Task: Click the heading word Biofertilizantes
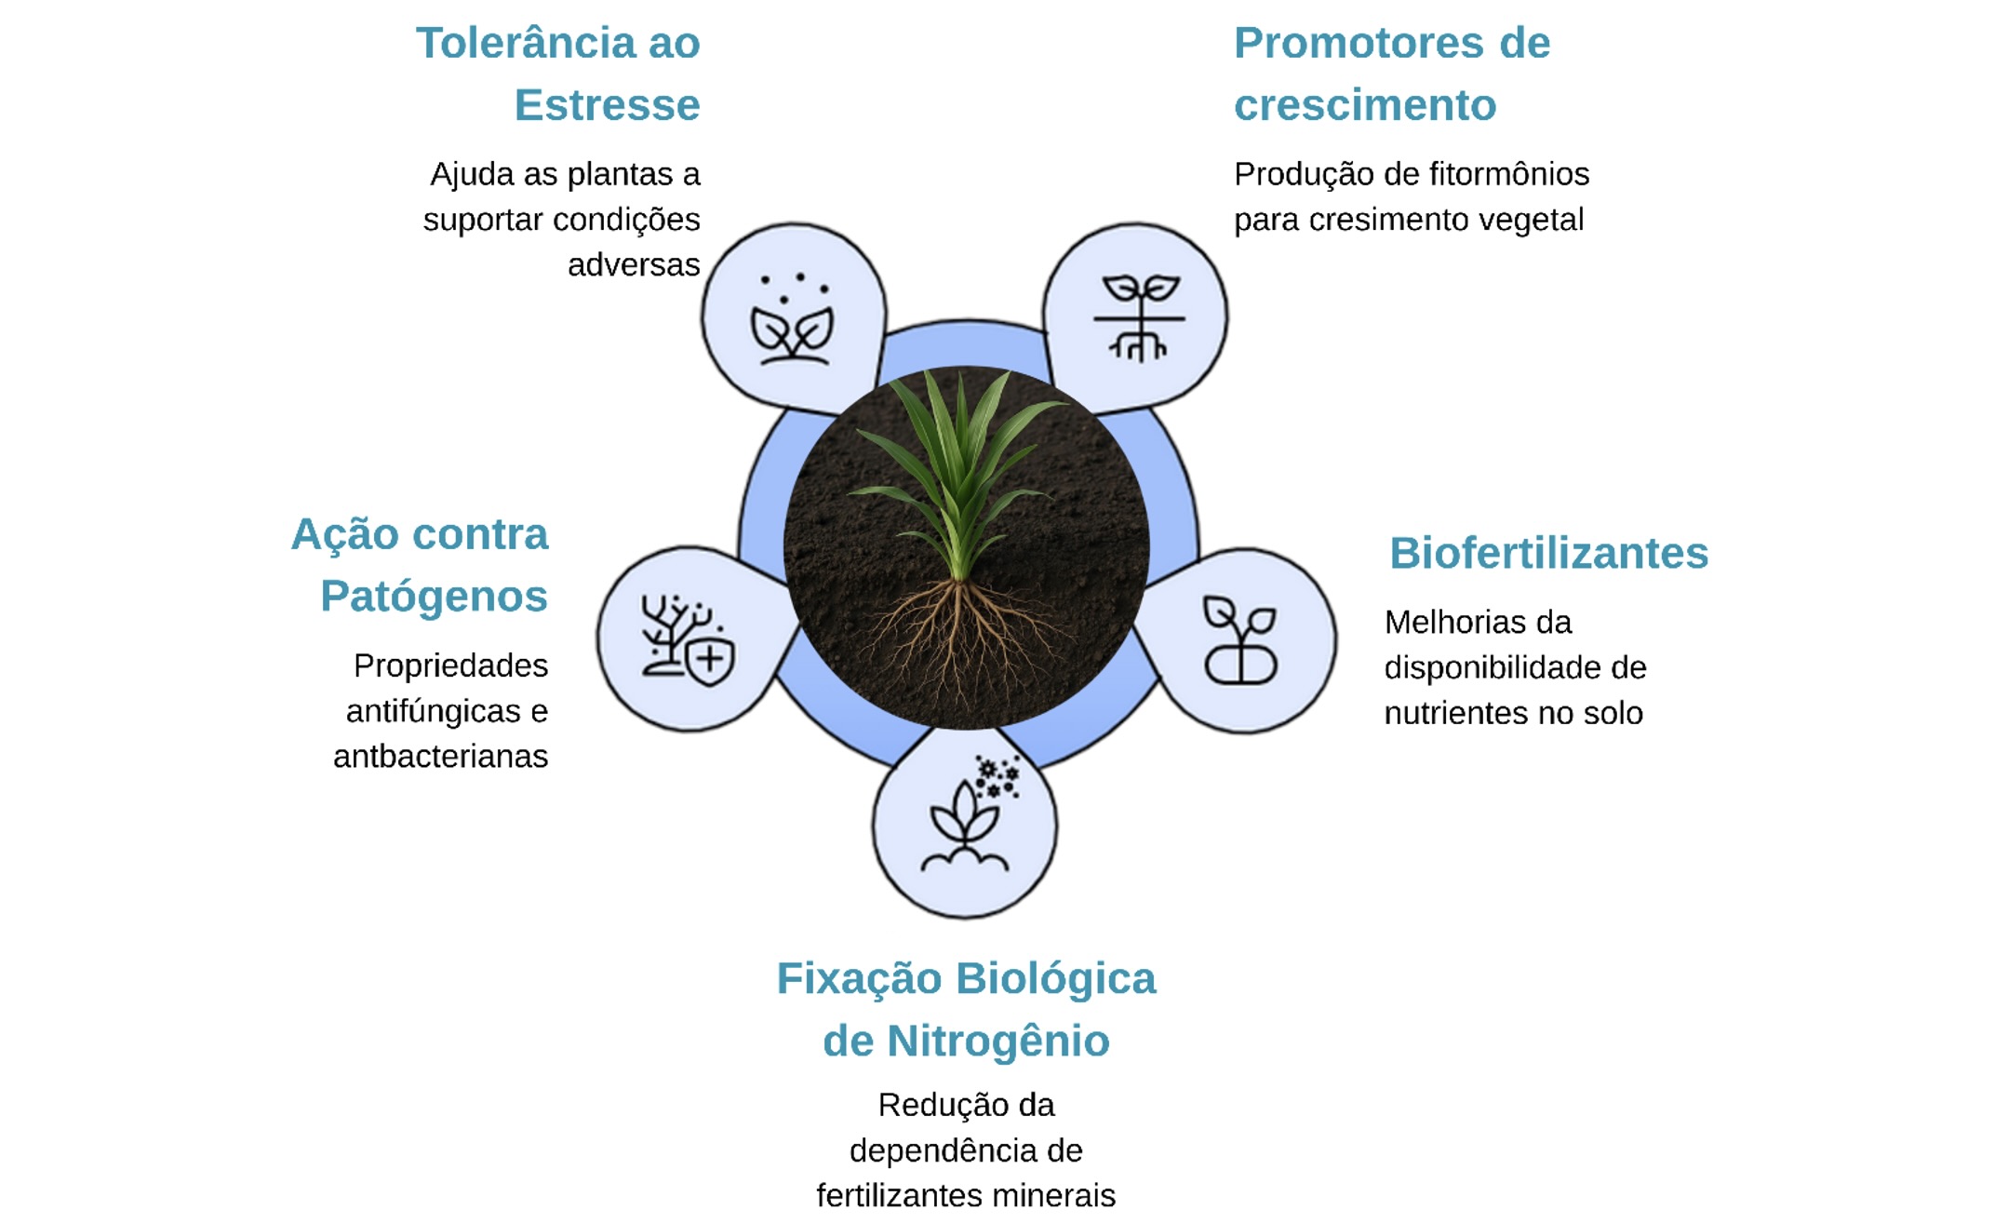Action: pyautogui.click(x=1548, y=553)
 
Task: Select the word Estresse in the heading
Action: pyautogui.click(x=607, y=105)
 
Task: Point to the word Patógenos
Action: pyautogui.click(x=434, y=597)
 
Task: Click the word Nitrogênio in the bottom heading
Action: pyautogui.click(x=997, y=1042)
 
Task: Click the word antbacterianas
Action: pyautogui.click(x=440, y=757)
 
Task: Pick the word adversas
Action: pyautogui.click(x=634, y=265)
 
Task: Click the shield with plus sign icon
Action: pyautogui.click(x=711, y=660)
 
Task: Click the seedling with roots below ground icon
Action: pyautogui.click(x=1138, y=316)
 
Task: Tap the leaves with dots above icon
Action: pyautogui.click(x=793, y=321)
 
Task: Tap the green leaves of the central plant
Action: pyautogui.click(x=958, y=456)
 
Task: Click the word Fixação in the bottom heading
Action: pyautogui.click(x=859, y=980)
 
